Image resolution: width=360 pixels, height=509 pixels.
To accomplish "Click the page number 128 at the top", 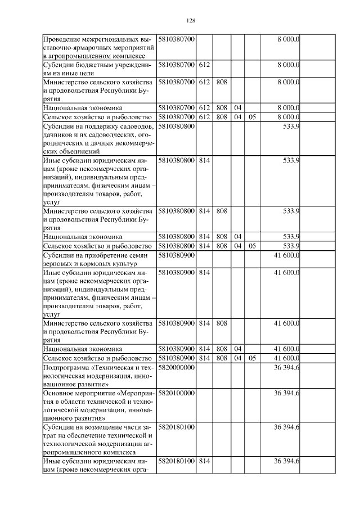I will [x=190, y=21].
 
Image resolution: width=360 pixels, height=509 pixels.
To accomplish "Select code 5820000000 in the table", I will [x=176, y=367].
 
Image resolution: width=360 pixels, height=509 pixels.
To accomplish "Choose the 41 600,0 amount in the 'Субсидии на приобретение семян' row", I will [x=286, y=255].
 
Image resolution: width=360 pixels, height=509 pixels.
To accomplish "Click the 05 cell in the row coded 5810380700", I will [x=252, y=117].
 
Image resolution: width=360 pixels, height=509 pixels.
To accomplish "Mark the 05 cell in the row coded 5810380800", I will [x=252, y=246].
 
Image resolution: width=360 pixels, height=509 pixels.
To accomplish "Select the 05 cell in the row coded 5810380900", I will [x=252, y=358].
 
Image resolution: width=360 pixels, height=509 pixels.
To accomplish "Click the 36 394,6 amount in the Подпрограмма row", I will [x=286, y=367].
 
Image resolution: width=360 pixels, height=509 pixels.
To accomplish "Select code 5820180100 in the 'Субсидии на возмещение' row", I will [x=176, y=427].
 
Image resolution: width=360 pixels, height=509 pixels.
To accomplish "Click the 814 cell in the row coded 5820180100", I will [x=204, y=461].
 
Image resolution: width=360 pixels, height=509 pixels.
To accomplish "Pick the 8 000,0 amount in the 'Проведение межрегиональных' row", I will [x=288, y=39].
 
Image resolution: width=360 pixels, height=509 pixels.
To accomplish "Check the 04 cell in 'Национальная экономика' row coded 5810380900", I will [x=237, y=349].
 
